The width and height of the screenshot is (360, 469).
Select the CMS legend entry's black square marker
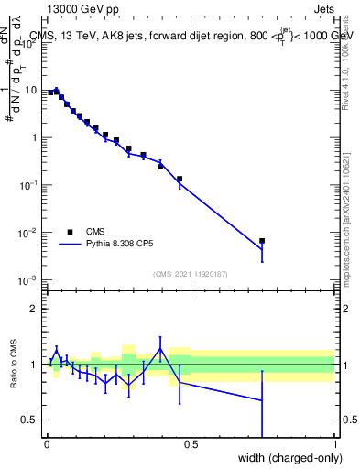[x=70, y=232]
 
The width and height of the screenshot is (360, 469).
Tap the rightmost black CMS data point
[x=262, y=241]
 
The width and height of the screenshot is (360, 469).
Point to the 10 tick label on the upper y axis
[x=34, y=90]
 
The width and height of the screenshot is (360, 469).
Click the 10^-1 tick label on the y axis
[x=32, y=185]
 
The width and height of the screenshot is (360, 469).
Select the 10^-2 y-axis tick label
[x=32, y=233]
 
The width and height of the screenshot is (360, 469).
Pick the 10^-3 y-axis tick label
[x=32, y=280]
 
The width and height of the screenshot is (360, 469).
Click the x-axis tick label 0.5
[x=191, y=445]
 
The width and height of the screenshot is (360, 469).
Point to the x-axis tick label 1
[x=335, y=445]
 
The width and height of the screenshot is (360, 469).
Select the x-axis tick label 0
[x=47, y=445]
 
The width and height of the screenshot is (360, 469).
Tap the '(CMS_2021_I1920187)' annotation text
[x=191, y=274]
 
